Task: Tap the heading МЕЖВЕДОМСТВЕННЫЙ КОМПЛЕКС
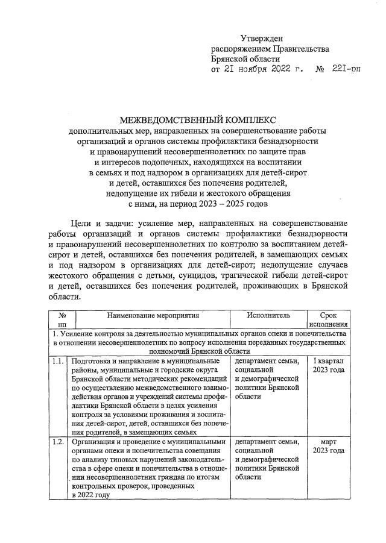[192, 119]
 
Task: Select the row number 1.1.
[58, 361]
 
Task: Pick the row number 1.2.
[58, 443]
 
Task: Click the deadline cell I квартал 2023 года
[329, 365]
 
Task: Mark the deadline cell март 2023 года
[329, 447]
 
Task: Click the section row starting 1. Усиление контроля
[199, 342]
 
